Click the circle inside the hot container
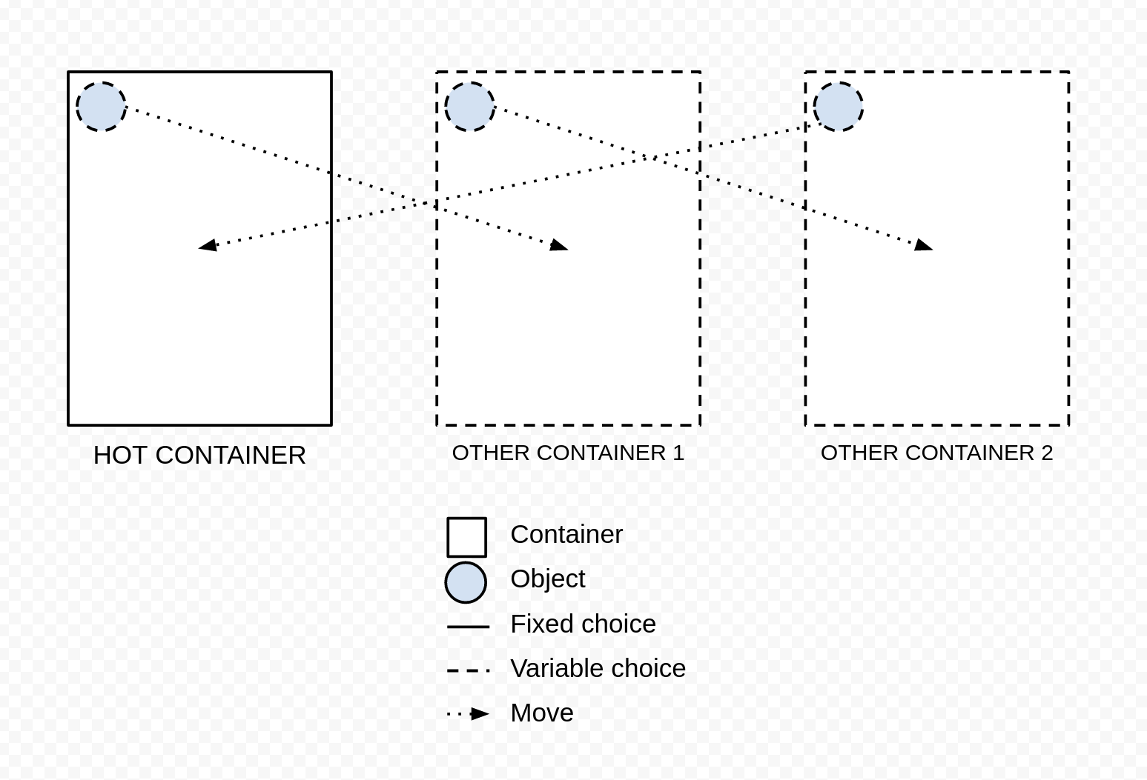(x=101, y=107)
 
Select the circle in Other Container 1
(x=469, y=107)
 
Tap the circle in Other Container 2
(x=839, y=107)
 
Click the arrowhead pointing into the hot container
(x=208, y=245)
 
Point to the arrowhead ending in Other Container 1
(x=558, y=245)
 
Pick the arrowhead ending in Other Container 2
(x=923, y=245)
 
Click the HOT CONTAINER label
(x=199, y=456)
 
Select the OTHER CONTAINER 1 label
(x=568, y=453)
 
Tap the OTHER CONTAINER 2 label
(x=936, y=453)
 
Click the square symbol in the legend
(x=466, y=537)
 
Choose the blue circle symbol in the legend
(x=466, y=582)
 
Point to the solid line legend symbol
(x=468, y=627)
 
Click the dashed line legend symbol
(x=468, y=670)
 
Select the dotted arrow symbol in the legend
(x=468, y=714)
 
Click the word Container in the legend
(x=566, y=535)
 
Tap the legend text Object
(x=547, y=579)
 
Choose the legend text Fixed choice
(x=584, y=624)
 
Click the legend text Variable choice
(x=598, y=668)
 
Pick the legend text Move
(x=542, y=713)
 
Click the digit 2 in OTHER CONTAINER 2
(x=1047, y=453)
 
